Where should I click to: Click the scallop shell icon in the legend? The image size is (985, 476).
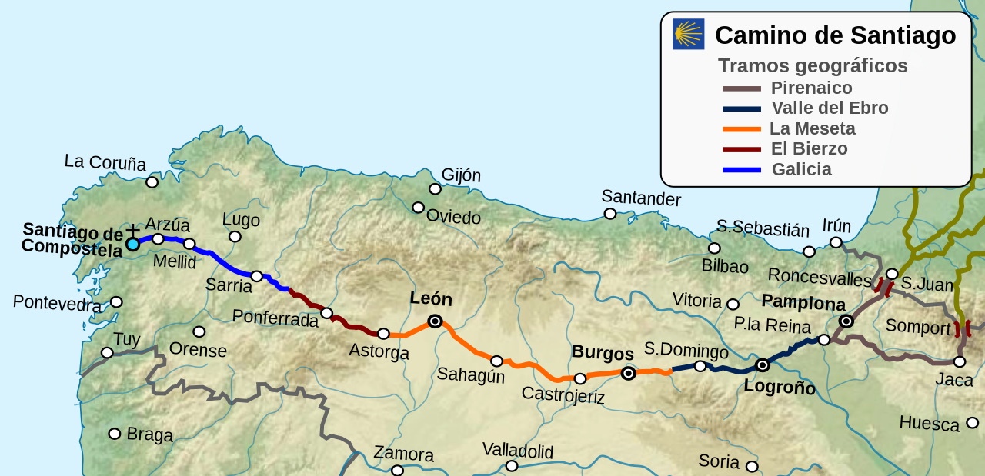[688, 35]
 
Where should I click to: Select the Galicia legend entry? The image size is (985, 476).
[801, 169]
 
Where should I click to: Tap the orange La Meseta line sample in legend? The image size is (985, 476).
[741, 129]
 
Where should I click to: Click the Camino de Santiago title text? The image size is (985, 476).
[835, 35]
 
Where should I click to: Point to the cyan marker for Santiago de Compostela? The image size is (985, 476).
[132, 244]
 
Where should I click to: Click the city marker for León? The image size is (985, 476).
[435, 321]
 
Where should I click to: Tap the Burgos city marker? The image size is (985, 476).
[628, 374]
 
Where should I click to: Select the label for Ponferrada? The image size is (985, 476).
[275, 318]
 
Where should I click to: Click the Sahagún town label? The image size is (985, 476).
[470, 374]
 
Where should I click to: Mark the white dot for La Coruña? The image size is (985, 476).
[152, 182]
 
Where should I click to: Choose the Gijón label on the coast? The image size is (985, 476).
[461, 175]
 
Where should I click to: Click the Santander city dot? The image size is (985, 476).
[609, 214]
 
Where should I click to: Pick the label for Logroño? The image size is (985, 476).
[779, 387]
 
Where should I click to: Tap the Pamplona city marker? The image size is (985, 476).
[846, 321]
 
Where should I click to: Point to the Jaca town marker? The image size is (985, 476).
[959, 361]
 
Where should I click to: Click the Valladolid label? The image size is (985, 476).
[517, 450]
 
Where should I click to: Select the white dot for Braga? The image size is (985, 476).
[115, 434]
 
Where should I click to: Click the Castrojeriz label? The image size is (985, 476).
[563, 395]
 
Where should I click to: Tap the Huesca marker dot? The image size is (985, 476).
[972, 422]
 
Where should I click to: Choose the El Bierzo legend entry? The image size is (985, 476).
[808, 149]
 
